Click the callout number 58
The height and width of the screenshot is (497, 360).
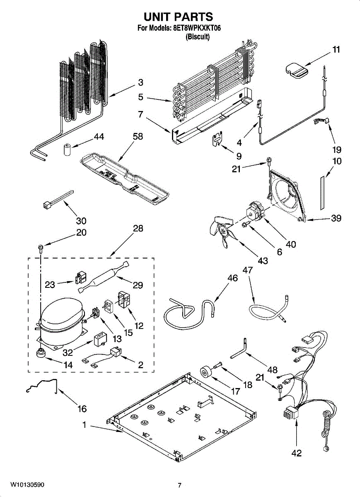(138, 136)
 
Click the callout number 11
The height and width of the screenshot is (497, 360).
(336, 50)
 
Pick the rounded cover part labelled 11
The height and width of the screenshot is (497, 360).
(296, 70)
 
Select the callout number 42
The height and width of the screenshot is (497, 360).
(297, 453)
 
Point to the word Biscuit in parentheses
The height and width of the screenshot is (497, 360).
(198, 36)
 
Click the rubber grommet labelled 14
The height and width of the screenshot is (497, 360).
(40, 353)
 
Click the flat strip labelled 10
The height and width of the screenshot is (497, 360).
(322, 193)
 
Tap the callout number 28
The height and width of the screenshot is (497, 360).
(138, 229)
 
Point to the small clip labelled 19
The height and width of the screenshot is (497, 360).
(321, 121)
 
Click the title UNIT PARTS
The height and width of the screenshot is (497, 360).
(179, 17)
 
